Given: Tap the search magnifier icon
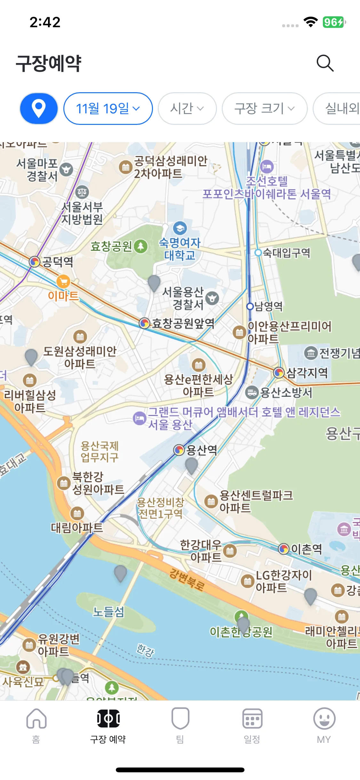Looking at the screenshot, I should [325, 63].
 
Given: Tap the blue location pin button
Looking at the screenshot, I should [39, 109].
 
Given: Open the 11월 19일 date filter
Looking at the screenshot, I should [108, 109].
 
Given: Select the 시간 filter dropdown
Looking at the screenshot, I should [187, 109].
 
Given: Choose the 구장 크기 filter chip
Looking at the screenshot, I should [264, 109].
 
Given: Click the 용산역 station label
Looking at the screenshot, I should [201, 450].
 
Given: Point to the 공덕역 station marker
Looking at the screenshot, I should [35, 262].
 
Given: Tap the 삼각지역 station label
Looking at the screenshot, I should [307, 372].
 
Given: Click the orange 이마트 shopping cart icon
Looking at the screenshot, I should [63, 282].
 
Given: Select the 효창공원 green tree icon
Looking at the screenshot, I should [140, 246].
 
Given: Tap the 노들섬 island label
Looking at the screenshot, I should [108, 612].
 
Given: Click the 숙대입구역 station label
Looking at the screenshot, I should [286, 253].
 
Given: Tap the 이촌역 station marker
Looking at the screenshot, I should [284, 549].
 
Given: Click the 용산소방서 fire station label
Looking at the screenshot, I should [286, 392].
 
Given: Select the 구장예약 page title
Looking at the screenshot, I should [49, 63].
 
